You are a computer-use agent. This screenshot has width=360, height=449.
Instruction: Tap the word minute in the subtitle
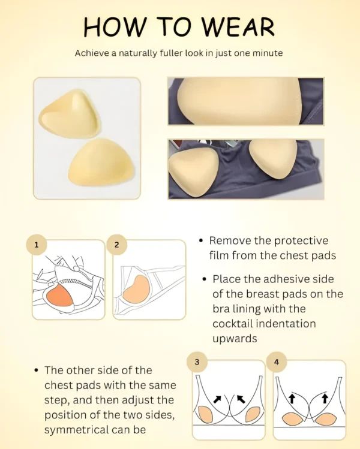(268, 53)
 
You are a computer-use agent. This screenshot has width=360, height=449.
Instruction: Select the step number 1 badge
(36, 245)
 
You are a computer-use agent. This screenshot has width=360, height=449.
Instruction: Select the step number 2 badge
(116, 245)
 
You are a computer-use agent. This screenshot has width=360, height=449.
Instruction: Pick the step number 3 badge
(197, 362)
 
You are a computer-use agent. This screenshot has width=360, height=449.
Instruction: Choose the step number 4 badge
(277, 362)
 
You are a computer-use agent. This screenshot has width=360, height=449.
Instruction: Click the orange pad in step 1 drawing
(59, 296)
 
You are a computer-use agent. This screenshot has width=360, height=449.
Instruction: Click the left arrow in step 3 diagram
(217, 399)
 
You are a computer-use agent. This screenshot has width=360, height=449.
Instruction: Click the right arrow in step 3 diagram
(241, 399)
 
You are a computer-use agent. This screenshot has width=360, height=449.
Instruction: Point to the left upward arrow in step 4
(292, 398)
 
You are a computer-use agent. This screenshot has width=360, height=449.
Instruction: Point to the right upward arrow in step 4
(325, 398)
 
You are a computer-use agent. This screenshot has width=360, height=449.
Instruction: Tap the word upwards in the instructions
(235, 339)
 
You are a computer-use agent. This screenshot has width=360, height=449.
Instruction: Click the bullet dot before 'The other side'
(36, 370)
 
